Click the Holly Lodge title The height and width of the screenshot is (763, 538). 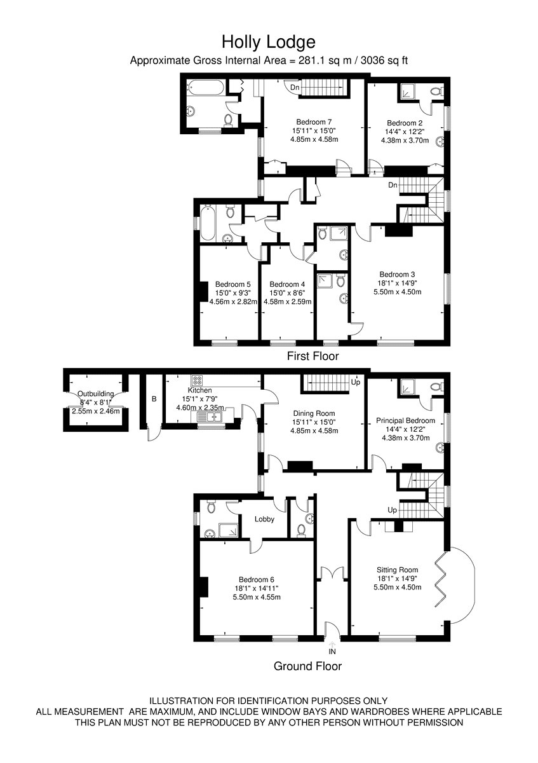point(269,42)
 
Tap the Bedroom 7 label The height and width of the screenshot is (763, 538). point(314,121)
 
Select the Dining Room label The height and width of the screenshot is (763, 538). point(314,413)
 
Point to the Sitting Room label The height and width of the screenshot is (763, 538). point(397,570)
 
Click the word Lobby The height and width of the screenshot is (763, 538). point(264,519)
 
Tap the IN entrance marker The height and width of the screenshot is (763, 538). point(332,651)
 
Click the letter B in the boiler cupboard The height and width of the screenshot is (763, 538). point(154,399)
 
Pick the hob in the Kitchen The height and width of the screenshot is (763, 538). point(197,380)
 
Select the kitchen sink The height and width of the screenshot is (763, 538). point(210,416)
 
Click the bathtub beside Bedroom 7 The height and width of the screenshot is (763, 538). point(206,88)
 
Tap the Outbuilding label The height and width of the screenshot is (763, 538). point(96,394)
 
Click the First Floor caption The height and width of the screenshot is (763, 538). point(313,356)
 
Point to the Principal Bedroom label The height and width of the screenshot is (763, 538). point(405,420)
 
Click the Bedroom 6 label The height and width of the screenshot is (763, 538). point(256,579)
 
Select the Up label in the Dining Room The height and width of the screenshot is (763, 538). point(355,382)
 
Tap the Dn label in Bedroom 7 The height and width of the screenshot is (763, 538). point(295,88)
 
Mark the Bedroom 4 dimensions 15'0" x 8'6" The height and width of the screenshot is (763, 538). point(287,293)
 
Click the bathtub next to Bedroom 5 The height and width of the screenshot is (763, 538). point(208,223)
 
